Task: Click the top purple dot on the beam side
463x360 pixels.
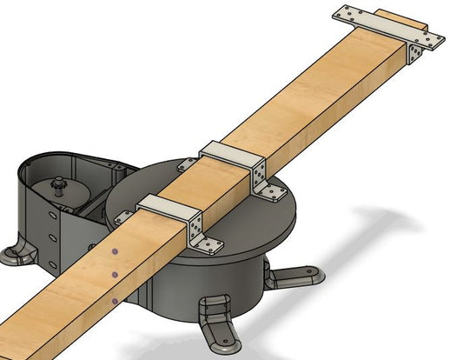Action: click(x=116, y=253)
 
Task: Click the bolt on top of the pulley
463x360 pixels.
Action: click(x=58, y=184)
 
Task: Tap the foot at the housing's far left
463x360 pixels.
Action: click(x=18, y=253)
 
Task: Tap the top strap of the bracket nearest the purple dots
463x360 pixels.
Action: click(x=167, y=207)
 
